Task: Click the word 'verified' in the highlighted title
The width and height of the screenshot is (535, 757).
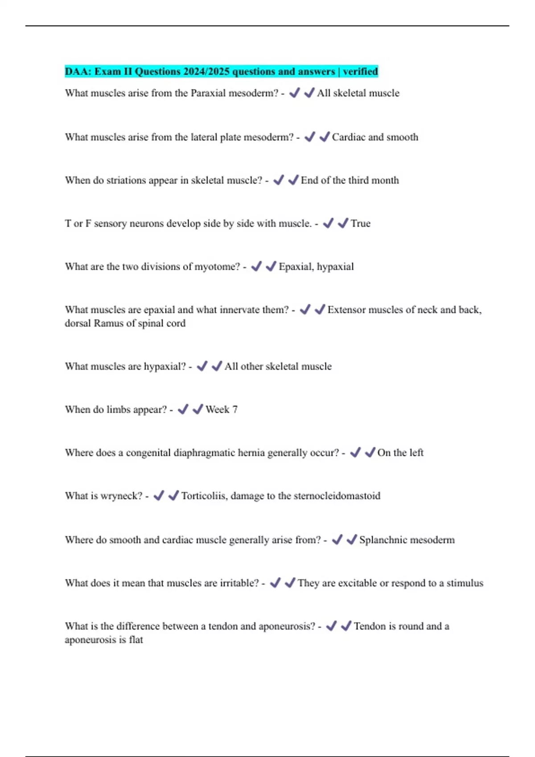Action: tap(360, 71)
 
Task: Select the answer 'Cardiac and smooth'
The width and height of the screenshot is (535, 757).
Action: tap(375, 137)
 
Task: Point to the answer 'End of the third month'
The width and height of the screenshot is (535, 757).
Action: tap(350, 180)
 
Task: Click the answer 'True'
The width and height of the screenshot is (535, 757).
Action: tap(360, 224)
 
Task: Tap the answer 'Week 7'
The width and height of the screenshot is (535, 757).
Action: tap(221, 410)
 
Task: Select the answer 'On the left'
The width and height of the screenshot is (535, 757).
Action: tap(400, 453)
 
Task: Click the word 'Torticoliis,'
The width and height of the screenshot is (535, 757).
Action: tap(204, 496)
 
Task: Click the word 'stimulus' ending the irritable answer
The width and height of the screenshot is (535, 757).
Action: tap(465, 583)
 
